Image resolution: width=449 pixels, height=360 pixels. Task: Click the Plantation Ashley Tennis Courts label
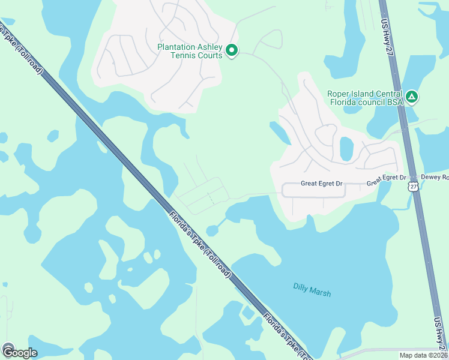[190, 51]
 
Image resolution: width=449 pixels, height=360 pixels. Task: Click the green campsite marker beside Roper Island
[411, 97]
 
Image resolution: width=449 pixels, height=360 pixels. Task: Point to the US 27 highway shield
[412, 187]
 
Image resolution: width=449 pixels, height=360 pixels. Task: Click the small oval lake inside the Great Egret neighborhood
[346, 148]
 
